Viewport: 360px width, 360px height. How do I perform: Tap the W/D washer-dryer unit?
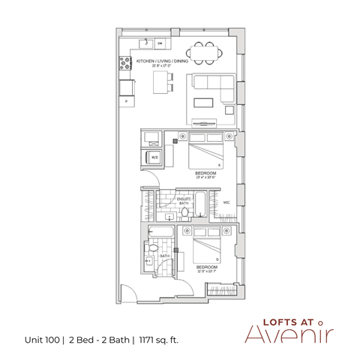pos(154,157)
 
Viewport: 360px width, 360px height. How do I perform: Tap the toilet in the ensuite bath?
pos(170,214)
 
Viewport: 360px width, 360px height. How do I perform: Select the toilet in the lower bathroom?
pos(154,248)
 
